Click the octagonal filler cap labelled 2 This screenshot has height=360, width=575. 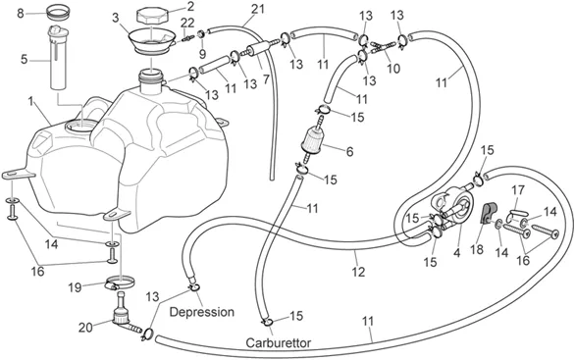tap(152, 17)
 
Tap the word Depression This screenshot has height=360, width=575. tap(202, 312)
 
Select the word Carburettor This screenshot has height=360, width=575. tap(278, 342)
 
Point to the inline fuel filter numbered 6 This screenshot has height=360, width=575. tap(312, 140)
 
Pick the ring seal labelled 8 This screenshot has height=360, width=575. tap(59, 12)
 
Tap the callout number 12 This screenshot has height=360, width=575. tap(358, 272)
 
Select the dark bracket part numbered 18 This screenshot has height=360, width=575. tap(488, 213)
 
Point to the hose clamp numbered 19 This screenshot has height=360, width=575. tap(120, 283)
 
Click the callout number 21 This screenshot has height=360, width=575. tap(258, 9)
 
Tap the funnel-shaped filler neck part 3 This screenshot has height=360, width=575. tap(151, 42)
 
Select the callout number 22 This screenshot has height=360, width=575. tap(187, 23)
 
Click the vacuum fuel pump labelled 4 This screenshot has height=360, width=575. tap(453, 208)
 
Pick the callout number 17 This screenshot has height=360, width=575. tap(518, 190)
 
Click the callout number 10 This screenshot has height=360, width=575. tap(393, 69)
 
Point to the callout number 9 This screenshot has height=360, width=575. tap(202, 54)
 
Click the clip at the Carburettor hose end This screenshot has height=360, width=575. tap(267, 322)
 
